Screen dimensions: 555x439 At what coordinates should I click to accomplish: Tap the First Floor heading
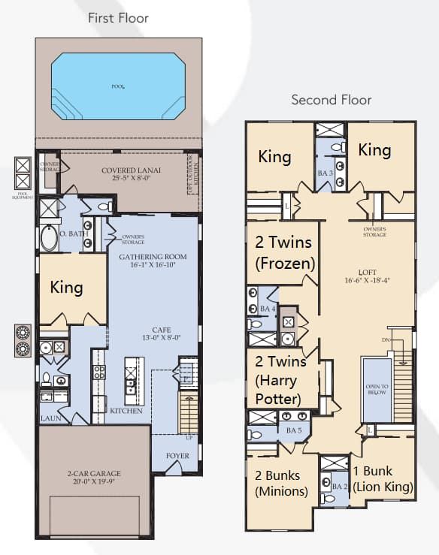(x=118, y=17)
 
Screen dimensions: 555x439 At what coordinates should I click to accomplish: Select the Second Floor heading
(x=331, y=100)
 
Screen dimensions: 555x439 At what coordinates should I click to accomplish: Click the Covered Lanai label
(x=129, y=174)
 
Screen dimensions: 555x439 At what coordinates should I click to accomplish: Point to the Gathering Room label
(x=153, y=261)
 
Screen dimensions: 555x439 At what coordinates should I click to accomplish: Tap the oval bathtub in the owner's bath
(x=49, y=240)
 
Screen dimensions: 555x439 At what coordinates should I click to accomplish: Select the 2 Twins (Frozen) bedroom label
(x=284, y=252)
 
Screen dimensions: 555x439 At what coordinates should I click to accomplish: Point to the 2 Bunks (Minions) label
(x=278, y=483)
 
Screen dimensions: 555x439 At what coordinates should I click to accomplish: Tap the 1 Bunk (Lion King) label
(x=383, y=478)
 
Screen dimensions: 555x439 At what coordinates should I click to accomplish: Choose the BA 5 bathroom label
(x=293, y=430)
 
